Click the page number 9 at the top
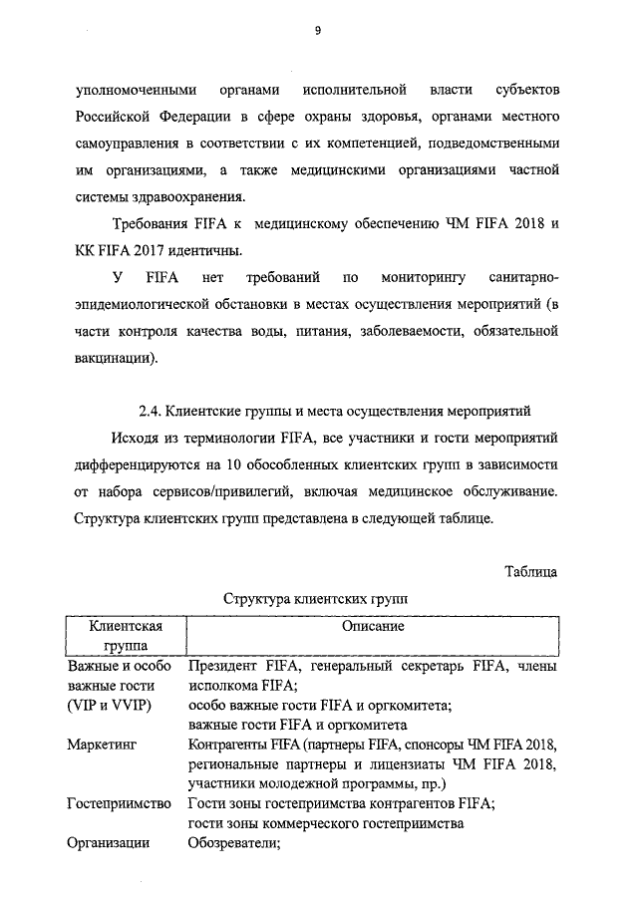coord(318,30)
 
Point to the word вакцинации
coord(114,358)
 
